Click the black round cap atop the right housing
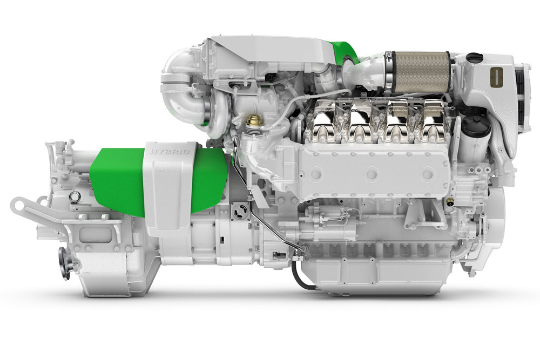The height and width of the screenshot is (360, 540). (x=474, y=56)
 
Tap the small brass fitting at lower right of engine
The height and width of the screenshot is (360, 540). (x=449, y=200)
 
